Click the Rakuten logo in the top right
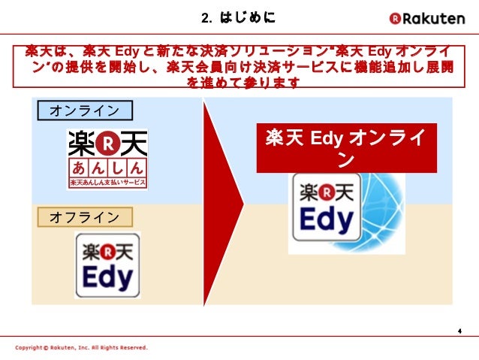click(426, 17)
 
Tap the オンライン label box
click(84, 111)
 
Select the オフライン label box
click(84, 217)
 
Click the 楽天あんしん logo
click(107, 159)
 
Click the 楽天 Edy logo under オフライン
click(107, 265)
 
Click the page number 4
click(458, 331)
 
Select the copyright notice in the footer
click(81, 348)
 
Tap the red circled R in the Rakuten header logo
click(395, 18)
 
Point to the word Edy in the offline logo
click(107, 278)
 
